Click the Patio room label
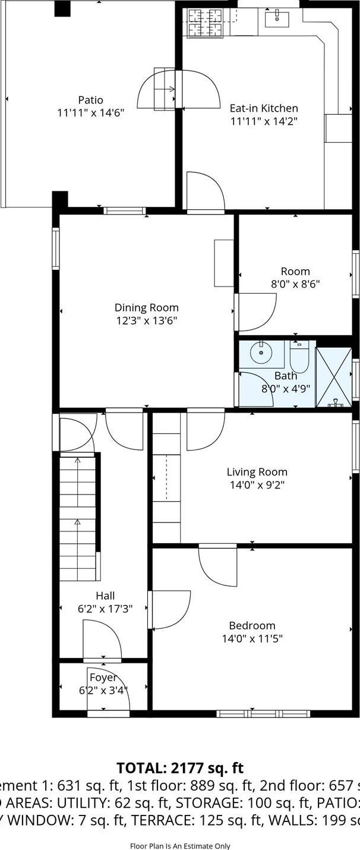coord(90,100)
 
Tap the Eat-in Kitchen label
coord(264,108)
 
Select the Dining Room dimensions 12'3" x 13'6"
coord(146,320)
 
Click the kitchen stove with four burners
coord(203,23)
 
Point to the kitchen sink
coord(277,18)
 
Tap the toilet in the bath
coord(299,358)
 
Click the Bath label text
coord(285,376)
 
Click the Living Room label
coord(257,472)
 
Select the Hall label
coord(105,596)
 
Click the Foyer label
coord(103,678)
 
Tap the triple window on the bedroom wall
coord(263,713)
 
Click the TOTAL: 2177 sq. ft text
coord(180,768)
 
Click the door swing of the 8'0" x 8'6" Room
coord(257,312)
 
